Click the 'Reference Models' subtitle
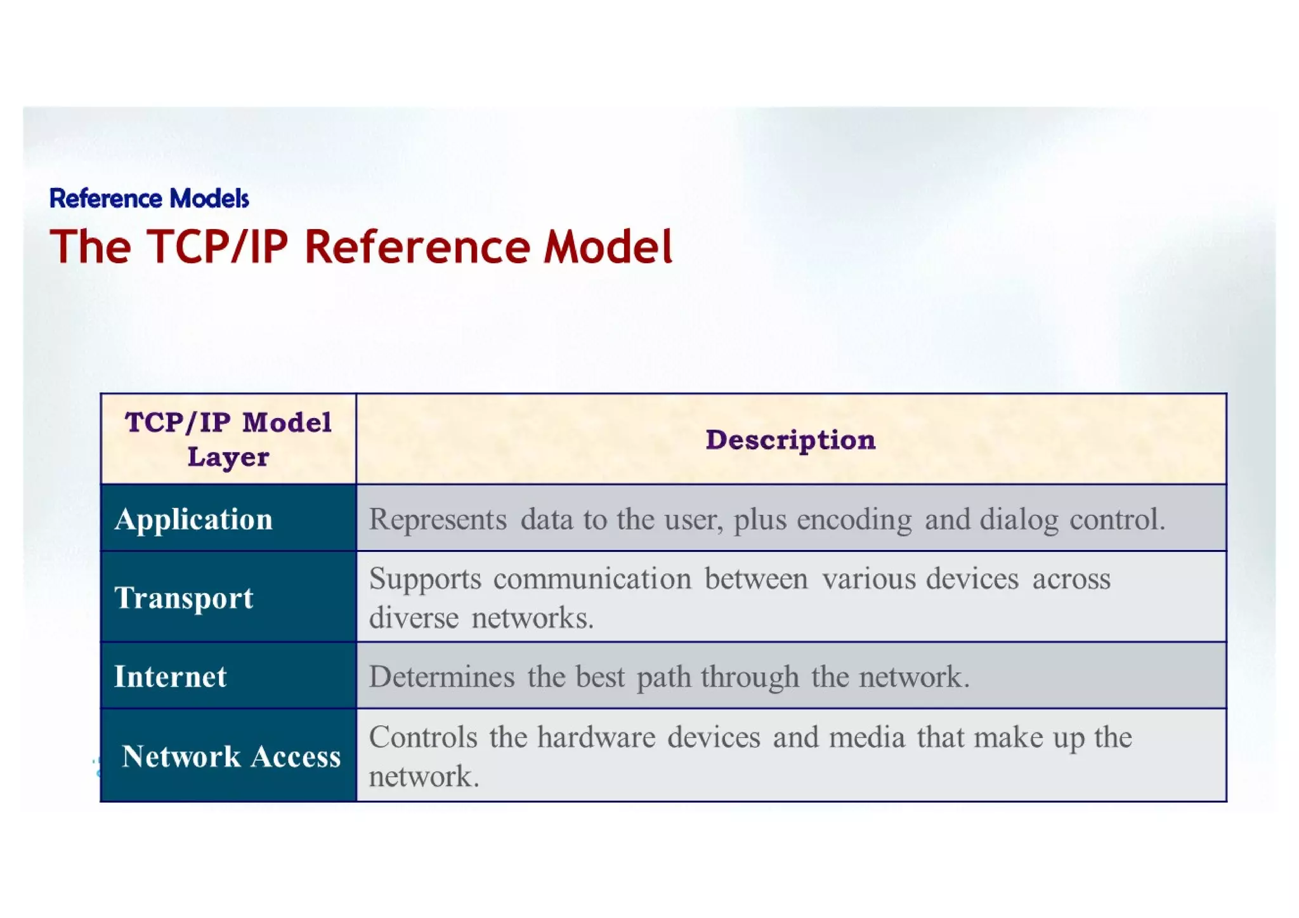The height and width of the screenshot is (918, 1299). (x=149, y=199)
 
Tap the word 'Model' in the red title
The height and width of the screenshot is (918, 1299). (x=608, y=247)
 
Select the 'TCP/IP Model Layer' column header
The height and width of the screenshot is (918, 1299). (x=228, y=439)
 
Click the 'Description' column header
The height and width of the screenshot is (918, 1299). (x=790, y=440)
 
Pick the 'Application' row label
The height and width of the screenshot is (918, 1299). (x=194, y=520)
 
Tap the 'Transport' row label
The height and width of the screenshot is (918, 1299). (x=184, y=598)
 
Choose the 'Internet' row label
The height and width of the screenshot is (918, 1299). (x=170, y=676)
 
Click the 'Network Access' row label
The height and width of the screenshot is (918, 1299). (x=231, y=756)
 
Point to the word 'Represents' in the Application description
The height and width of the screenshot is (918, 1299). (x=438, y=520)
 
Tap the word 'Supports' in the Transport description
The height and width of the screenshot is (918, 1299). (x=425, y=579)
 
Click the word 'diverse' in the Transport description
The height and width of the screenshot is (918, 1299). (x=414, y=618)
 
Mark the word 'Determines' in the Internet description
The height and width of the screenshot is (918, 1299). (x=441, y=677)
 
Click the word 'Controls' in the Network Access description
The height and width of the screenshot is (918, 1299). (x=423, y=737)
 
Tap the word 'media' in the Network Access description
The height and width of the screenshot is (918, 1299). (x=866, y=737)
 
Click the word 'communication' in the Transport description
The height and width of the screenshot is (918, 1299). (x=592, y=579)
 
